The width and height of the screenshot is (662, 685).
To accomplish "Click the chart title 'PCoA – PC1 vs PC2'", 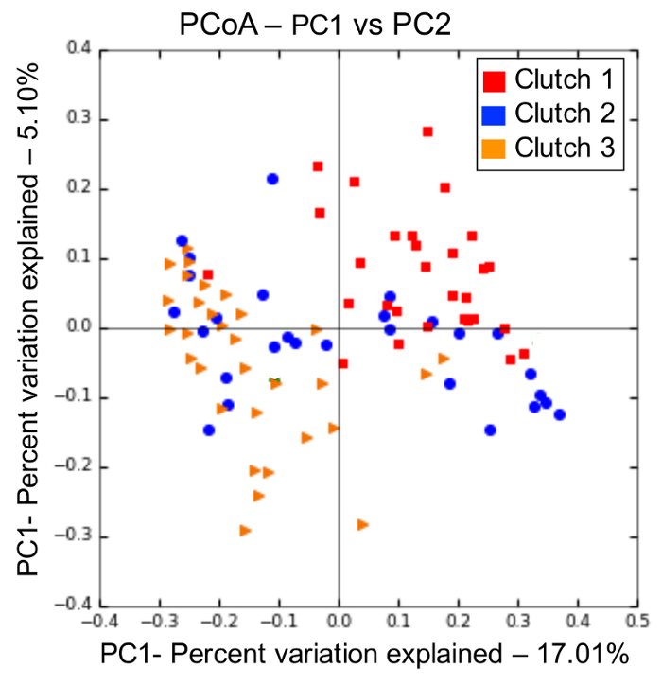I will pos(317,23).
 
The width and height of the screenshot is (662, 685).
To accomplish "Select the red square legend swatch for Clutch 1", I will pos(494,79).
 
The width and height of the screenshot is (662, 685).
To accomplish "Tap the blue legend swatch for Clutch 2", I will pos(494,114).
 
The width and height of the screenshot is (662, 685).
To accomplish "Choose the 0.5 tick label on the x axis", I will pos(637,622).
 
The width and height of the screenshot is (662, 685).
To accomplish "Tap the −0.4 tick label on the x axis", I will pos(99,622).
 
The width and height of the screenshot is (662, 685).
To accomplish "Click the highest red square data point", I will pos(427,132).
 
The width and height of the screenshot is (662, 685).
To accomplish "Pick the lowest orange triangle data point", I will pos(362,524).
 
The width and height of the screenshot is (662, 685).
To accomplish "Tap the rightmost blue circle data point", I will pos(559,414).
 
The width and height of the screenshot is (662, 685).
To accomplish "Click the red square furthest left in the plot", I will pos(208,274).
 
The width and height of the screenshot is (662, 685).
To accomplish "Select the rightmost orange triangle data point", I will pos(443,359).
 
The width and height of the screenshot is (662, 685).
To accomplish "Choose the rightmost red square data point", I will pos(523,354).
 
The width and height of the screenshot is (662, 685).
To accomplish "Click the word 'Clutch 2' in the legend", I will pos(565,114).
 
